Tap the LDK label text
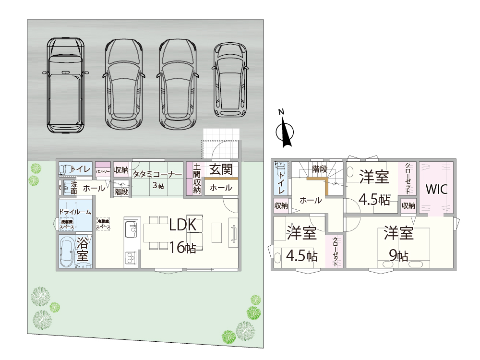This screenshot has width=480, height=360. (182, 225)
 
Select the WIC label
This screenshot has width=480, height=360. (437, 189)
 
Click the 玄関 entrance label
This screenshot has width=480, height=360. (221, 169)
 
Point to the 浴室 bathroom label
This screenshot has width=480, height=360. (83, 249)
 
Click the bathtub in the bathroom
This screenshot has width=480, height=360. (67, 252)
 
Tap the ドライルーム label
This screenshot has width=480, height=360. (75, 212)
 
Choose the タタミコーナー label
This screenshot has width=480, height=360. (157, 174)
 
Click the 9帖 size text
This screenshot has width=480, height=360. (399, 256)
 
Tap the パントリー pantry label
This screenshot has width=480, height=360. (103, 171)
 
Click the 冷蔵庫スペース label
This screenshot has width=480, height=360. (103, 224)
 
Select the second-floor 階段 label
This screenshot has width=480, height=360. (320, 169)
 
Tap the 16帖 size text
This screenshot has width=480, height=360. (182, 248)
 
